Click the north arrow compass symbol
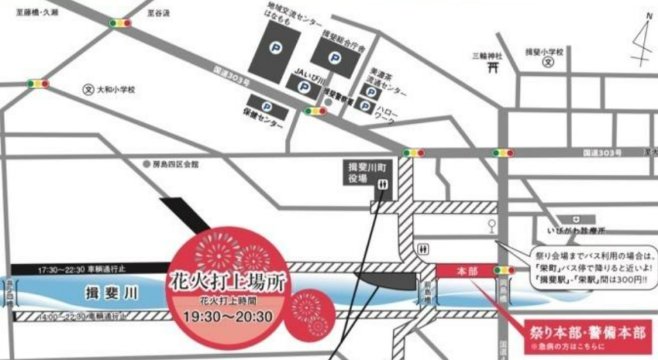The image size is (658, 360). tap(641, 40)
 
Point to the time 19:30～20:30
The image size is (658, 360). tap(227, 316)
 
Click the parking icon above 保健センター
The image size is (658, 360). tap(266, 107)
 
